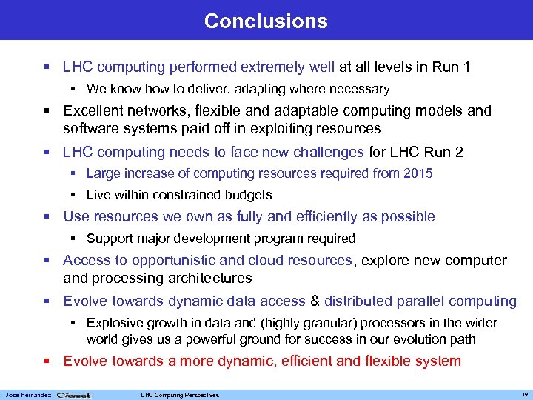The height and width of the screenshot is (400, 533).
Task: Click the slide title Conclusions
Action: (266, 21)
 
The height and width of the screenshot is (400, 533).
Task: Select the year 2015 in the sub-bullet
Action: (418, 173)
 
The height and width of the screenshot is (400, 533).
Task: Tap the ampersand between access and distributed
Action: (315, 301)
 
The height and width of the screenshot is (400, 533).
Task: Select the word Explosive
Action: (113, 324)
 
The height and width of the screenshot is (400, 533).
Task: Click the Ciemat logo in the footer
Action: (73, 395)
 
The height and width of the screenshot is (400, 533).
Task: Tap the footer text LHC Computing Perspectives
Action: (180, 395)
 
